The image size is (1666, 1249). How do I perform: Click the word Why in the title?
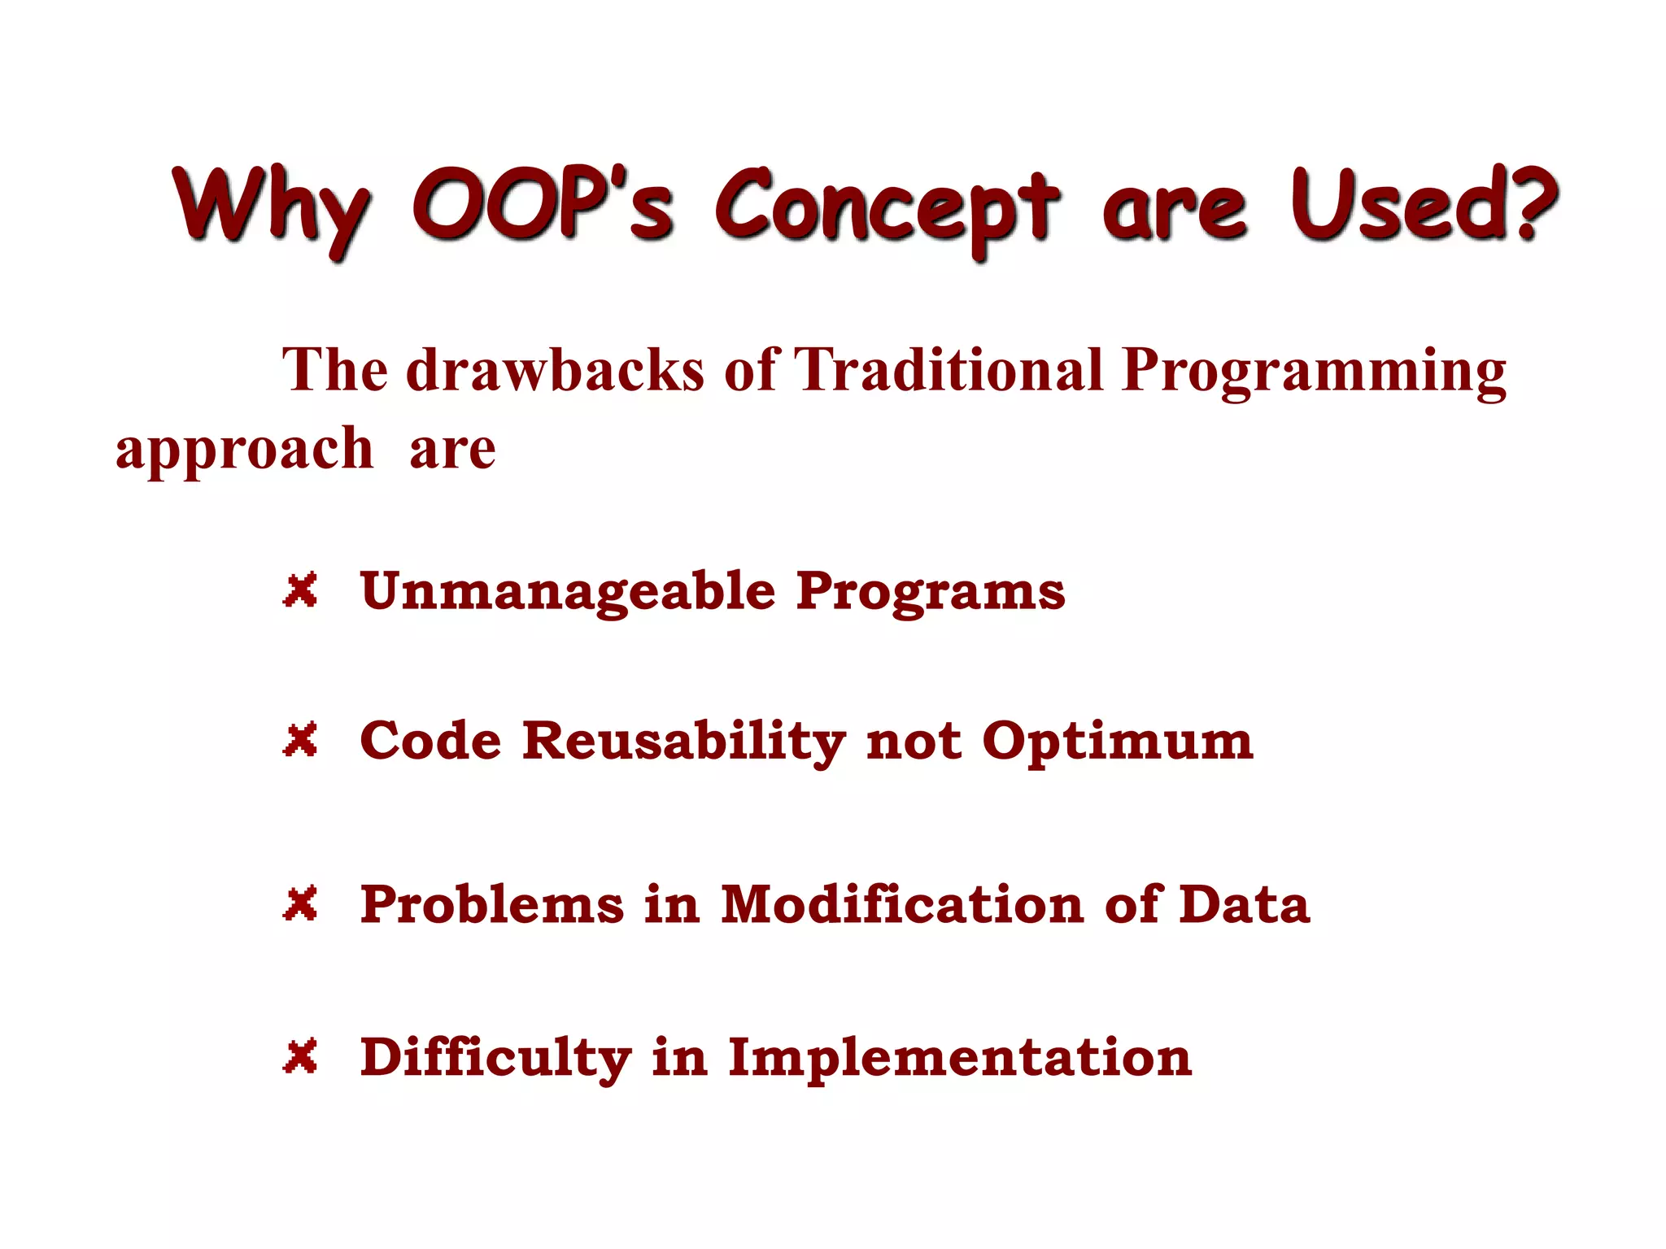[x=271, y=207]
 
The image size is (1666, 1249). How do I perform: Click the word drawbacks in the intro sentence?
[x=555, y=370]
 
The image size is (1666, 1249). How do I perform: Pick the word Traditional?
[x=948, y=370]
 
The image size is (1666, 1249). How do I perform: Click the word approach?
[x=244, y=450]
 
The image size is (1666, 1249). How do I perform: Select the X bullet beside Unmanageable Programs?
[x=300, y=590]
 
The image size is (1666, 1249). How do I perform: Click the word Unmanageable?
[x=568, y=592]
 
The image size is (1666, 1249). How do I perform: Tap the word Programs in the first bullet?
[x=931, y=592]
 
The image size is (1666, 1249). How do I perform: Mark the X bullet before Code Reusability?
[x=300, y=740]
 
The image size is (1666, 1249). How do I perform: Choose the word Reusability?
[x=683, y=742]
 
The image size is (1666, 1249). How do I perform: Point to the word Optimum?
[x=1118, y=742]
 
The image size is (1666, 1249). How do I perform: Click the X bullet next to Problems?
[x=300, y=903]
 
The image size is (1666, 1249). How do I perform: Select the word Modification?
[x=902, y=904]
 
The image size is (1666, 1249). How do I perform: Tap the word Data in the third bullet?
[x=1245, y=904]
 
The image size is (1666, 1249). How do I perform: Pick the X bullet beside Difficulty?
[x=300, y=1056]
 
